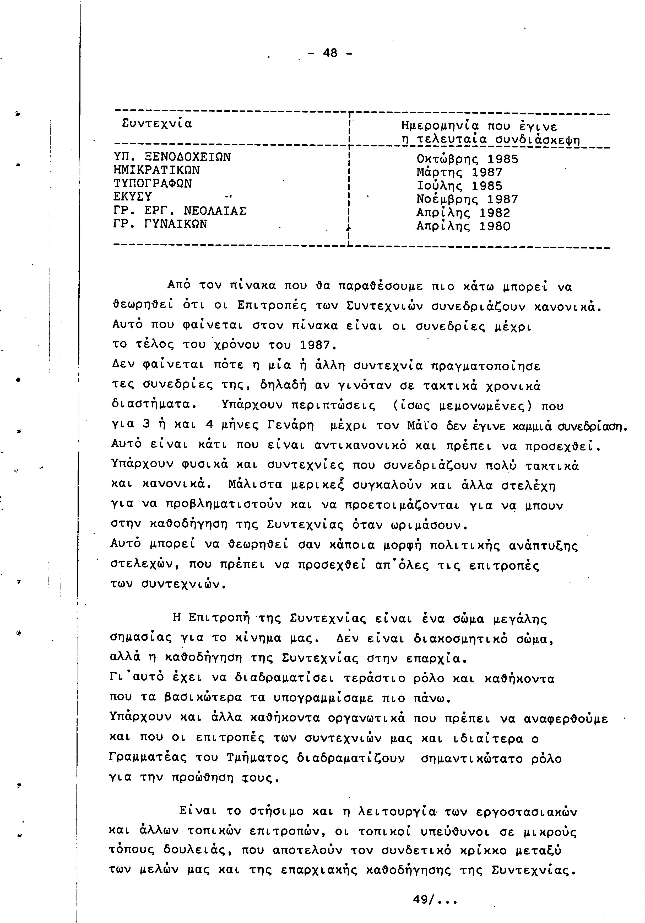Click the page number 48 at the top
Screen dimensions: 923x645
point(330,53)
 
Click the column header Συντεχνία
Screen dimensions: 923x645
point(157,123)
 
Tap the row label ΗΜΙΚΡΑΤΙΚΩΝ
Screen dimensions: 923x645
point(157,170)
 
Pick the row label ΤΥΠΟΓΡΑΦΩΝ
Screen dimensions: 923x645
point(153,183)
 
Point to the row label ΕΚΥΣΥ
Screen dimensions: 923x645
point(133,197)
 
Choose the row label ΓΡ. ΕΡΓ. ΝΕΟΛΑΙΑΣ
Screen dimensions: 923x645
point(180,211)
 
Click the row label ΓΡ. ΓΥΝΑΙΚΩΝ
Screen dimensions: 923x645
point(160,224)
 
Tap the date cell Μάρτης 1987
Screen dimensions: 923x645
point(459,172)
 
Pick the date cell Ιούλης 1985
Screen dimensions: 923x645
point(459,186)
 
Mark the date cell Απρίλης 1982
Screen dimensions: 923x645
point(463,213)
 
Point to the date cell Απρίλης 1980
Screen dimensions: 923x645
point(463,226)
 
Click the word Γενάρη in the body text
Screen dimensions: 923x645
point(290,425)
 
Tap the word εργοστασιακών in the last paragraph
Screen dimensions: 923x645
point(526,812)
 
